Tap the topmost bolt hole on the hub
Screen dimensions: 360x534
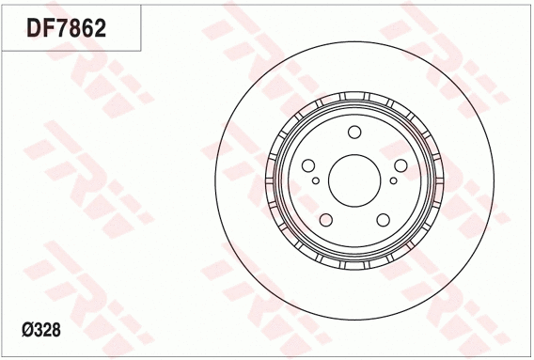pyautogui.click(x=354, y=133)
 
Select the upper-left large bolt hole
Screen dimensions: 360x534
pyautogui.click(x=310, y=165)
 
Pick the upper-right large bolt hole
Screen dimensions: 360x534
pyautogui.click(x=400, y=165)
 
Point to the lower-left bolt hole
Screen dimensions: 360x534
pyautogui.click(x=327, y=219)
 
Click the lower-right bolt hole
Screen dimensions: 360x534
pyautogui.click(x=383, y=219)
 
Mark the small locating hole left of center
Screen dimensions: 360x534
pyautogui.click(x=316, y=180)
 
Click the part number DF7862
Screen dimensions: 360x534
pyautogui.click(x=66, y=28)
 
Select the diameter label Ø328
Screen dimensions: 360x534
pyautogui.click(x=40, y=330)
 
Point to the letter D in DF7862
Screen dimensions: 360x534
pyautogui.click(x=34, y=28)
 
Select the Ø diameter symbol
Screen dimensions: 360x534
pyautogui.click(x=25, y=330)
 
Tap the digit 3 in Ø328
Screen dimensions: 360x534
pyautogui.click(x=37, y=330)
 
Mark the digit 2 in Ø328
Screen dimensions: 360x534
pyautogui.click(x=46, y=330)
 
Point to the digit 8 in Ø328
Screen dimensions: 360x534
pyautogui.click(x=55, y=330)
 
